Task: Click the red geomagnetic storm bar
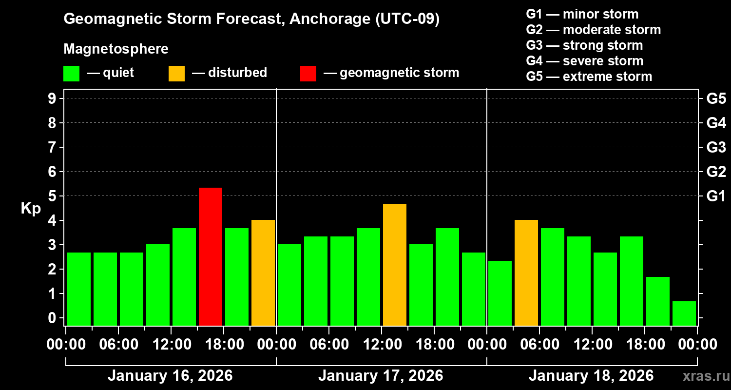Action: (211, 256)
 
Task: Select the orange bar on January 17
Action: (395, 265)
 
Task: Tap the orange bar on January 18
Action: (526, 273)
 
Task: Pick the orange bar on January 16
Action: (263, 273)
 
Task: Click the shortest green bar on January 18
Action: (684, 313)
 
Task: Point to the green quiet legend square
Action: (72, 73)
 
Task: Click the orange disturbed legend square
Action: (177, 73)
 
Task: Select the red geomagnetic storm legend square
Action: (308, 73)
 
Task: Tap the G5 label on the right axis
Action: (716, 99)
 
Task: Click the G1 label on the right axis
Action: (716, 196)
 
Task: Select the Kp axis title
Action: (31, 209)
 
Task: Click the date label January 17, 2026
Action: (381, 376)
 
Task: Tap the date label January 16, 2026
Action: (170, 376)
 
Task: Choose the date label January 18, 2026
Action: (591, 376)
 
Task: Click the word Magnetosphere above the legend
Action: (116, 49)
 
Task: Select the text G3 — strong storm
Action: (584, 45)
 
